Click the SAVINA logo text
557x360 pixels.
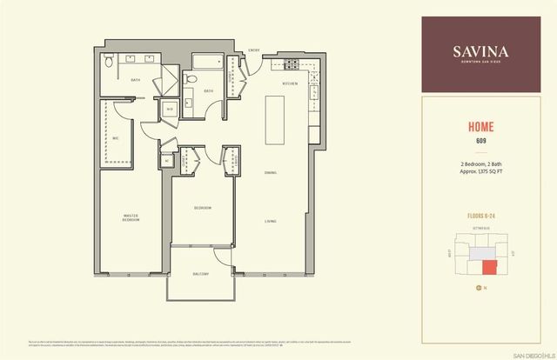(480, 50)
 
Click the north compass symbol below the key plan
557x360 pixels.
(478, 287)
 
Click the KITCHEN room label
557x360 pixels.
(291, 83)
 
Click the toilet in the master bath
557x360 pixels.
(106, 63)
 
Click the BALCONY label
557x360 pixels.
(202, 275)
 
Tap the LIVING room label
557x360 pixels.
(272, 222)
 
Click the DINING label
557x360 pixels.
(272, 172)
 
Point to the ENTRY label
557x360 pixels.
(255, 50)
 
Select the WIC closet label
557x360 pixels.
(116, 138)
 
